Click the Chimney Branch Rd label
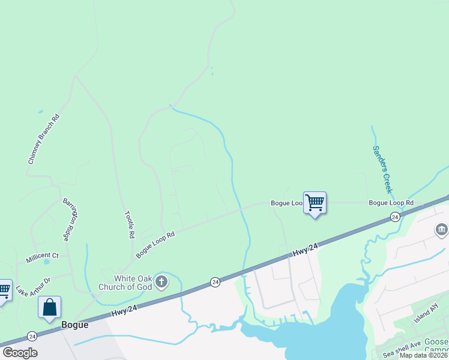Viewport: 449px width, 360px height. tap(44, 139)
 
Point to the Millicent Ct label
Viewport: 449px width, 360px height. tap(42, 258)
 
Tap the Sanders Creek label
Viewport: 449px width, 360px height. tap(382, 169)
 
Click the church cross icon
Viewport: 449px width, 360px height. tap(161, 281)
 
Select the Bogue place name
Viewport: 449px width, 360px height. tap(75, 325)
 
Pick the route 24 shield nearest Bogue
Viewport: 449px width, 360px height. tap(32, 336)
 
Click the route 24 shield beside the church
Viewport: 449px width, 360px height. tap(215, 281)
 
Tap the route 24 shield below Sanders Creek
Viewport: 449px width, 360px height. tap(394, 216)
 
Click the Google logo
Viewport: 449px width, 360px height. tap(20, 353)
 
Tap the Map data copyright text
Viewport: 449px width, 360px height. tap(424, 355)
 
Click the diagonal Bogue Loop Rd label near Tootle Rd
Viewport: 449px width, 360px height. tap(155, 245)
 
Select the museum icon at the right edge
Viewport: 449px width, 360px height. tap(441, 230)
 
